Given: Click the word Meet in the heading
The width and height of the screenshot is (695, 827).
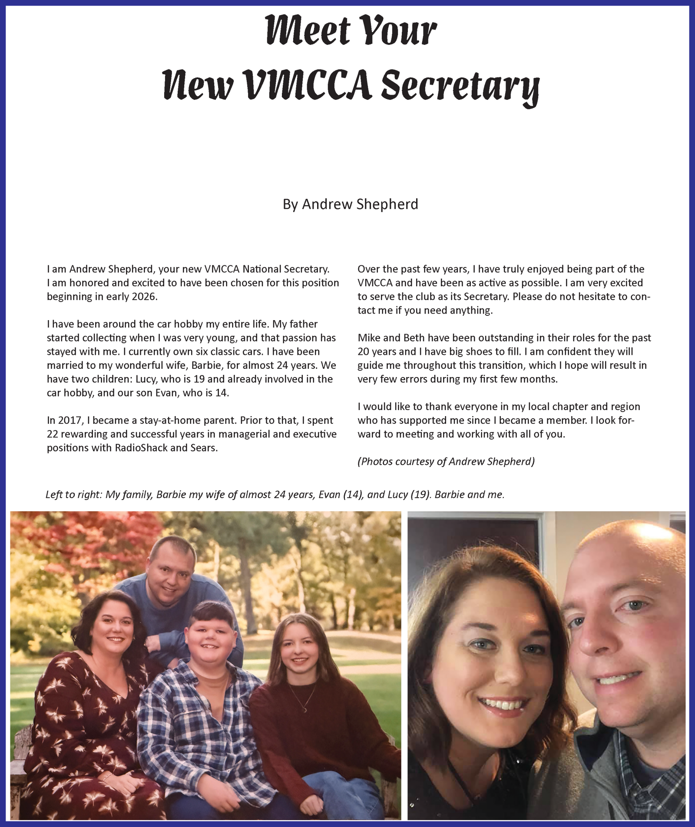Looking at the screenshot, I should pos(308,30).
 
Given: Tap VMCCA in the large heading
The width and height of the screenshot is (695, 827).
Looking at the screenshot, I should pos(307,84).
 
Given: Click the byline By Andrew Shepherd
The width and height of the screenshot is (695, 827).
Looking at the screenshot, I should pos(350,204).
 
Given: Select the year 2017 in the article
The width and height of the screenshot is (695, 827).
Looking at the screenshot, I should pos(69,420).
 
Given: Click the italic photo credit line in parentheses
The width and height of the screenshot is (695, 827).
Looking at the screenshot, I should pos(446,461).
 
